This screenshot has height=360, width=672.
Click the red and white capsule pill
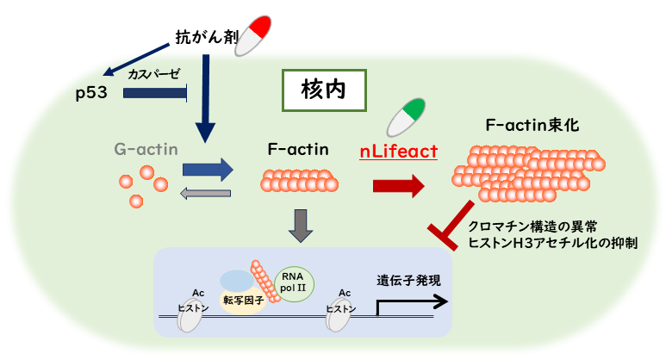256,34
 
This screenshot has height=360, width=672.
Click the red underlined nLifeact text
398,152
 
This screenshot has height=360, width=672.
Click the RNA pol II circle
293,282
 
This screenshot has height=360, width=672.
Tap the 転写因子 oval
241,300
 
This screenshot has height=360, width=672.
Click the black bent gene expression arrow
412,301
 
